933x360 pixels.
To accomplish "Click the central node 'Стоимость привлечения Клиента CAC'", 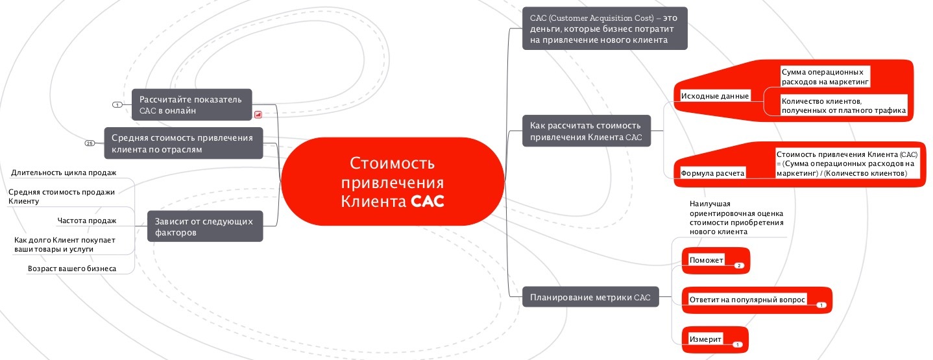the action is [x=393, y=181].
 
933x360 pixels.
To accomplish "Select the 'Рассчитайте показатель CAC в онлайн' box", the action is [x=191, y=105].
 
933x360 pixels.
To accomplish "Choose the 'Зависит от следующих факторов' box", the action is [x=205, y=226].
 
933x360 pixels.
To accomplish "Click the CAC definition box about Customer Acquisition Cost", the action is [x=604, y=28].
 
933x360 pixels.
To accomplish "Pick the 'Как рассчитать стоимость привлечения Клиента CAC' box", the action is [x=586, y=130].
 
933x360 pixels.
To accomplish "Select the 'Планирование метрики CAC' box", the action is [x=590, y=298].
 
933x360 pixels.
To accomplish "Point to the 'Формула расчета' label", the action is [x=712, y=173].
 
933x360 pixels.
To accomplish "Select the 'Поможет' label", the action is [x=707, y=260].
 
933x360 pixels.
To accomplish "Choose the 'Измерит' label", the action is [x=705, y=339].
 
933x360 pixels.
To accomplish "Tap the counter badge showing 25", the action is [x=90, y=143].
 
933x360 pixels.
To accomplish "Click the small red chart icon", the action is [x=258, y=114].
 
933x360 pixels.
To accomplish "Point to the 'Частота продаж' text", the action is [x=87, y=221].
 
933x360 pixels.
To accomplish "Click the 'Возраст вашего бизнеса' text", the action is [x=72, y=268].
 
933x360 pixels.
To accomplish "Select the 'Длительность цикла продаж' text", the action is [x=64, y=173].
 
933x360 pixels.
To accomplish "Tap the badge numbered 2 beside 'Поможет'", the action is [x=738, y=265].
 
